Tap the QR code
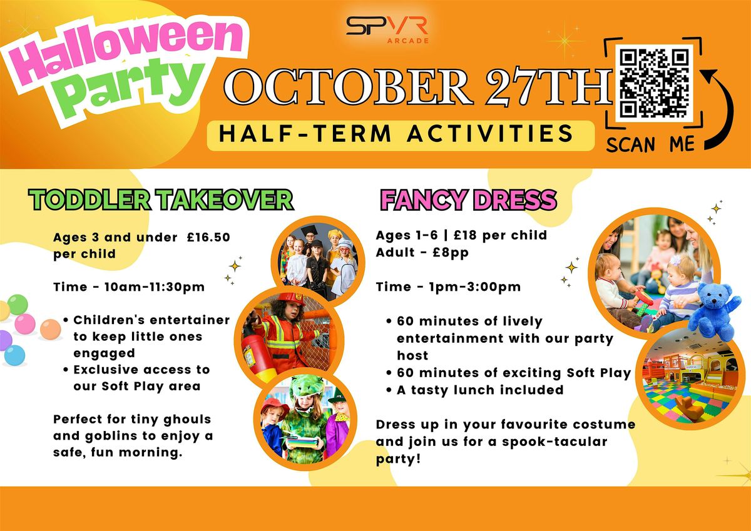(654, 83)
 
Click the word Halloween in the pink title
(125, 51)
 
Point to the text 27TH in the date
(549, 87)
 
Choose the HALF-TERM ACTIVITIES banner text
(396, 134)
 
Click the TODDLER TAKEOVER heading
(161, 200)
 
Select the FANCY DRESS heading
(468, 200)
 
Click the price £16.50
(209, 237)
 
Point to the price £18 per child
(500, 235)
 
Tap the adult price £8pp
(451, 253)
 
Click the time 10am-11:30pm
(155, 287)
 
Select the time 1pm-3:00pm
(476, 287)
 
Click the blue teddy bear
(714, 311)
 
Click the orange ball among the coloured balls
(50, 330)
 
